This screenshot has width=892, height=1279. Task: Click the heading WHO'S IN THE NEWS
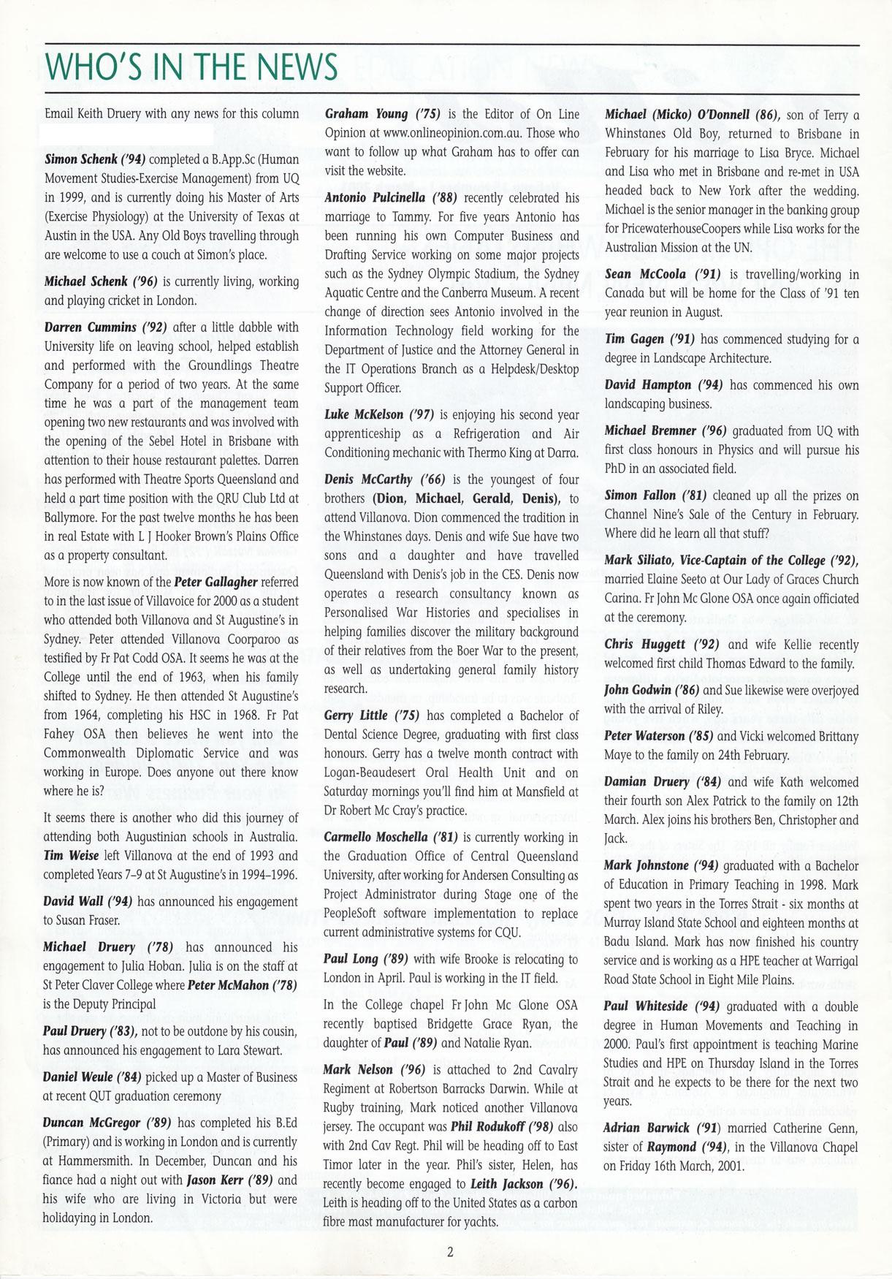click(x=191, y=67)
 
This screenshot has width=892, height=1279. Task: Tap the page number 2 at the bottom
click(x=450, y=1251)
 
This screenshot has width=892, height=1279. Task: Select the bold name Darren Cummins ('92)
click(x=101, y=327)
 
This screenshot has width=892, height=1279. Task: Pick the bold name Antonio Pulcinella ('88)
click(x=390, y=198)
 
